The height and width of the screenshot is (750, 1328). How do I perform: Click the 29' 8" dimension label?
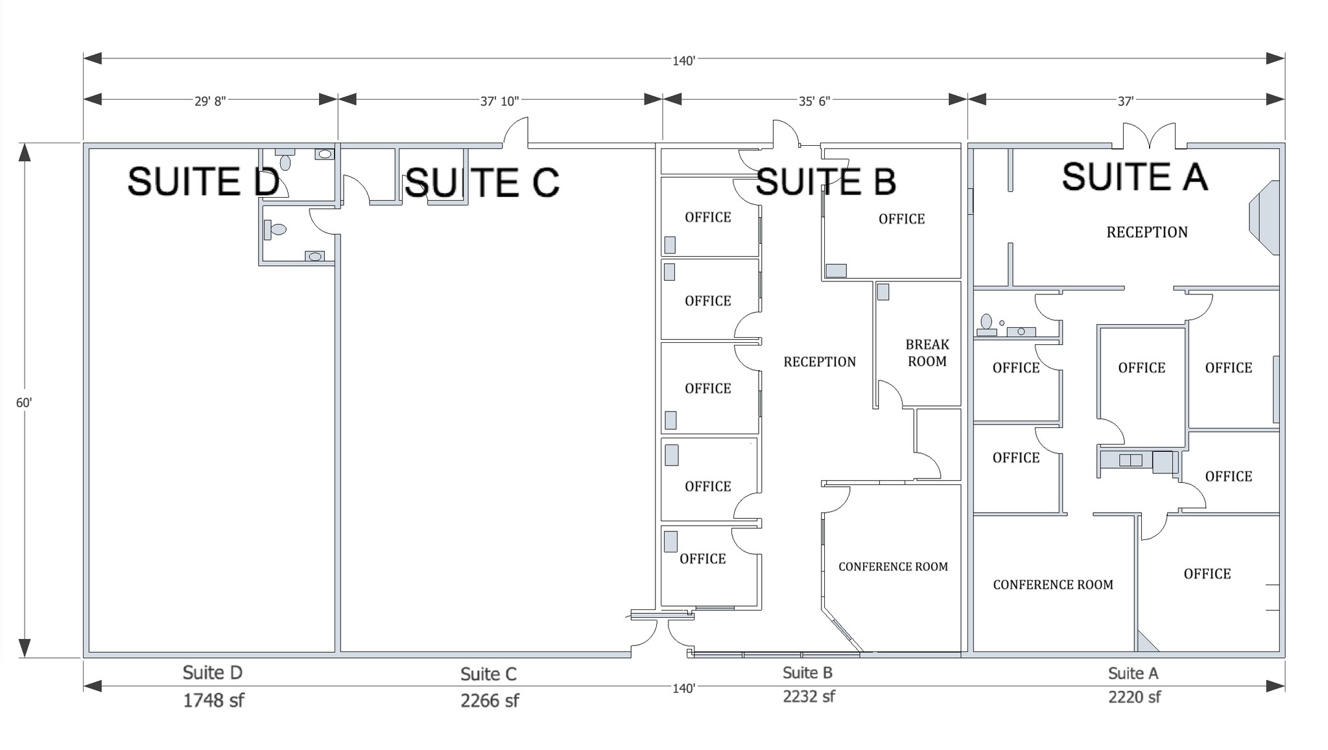pyautogui.click(x=210, y=101)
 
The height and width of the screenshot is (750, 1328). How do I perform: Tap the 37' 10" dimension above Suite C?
pyautogui.click(x=499, y=101)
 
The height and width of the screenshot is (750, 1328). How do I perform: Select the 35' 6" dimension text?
pyautogui.click(x=814, y=101)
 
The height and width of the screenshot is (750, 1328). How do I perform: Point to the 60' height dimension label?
pyautogui.click(x=24, y=403)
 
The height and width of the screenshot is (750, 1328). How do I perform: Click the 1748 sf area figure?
pyautogui.click(x=213, y=701)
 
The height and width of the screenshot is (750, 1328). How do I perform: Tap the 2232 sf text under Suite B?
pyautogui.click(x=809, y=697)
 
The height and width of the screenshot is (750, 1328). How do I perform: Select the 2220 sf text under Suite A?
pyautogui.click(x=1134, y=697)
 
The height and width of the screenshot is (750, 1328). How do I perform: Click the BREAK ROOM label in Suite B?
pyautogui.click(x=927, y=353)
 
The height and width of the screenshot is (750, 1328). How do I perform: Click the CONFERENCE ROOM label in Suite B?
pyautogui.click(x=893, y=567)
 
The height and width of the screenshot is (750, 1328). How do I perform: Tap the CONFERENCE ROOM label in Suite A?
pyautogui.click(x=1052, y=585)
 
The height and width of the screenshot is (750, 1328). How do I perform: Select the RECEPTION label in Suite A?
pyautogui.click(x=1146, y=232)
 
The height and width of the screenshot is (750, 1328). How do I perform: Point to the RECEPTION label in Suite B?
pyautogui.click(x=820, y=362)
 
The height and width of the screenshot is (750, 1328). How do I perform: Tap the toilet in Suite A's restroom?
pyautogui.click(x=986, y=322)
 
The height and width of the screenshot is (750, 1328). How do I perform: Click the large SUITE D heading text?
pyautogui.click(x=204, y=181)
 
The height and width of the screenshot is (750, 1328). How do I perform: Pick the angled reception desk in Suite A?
pyautogui.click(x=1264, y=218)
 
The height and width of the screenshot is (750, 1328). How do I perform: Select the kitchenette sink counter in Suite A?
pyautogui.click(x=1131, y=461)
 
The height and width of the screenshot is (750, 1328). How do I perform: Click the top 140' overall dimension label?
pyautogui.click(x=683, y=61)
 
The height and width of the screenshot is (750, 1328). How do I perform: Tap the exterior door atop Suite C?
pyautogui.click(x=516, y=132)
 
